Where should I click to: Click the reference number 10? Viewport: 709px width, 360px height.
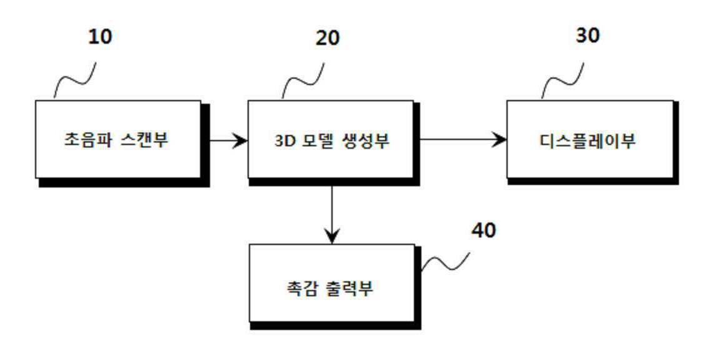[99, 36]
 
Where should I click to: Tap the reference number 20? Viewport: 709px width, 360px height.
[327, 38]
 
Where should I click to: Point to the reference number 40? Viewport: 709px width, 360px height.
[483, 231]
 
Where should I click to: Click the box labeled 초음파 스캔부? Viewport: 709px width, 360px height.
[118, 139]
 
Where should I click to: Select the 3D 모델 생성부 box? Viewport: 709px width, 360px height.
[331, 139]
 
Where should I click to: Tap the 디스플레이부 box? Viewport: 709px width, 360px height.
[590, 139]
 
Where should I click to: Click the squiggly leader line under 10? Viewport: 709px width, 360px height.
[75, 80]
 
